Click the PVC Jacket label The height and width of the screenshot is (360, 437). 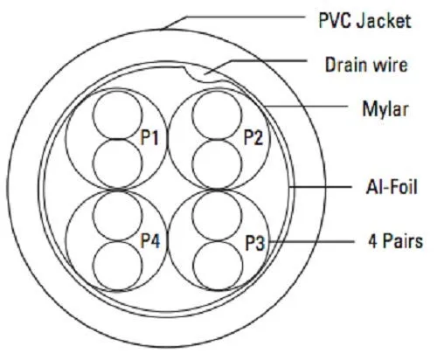[364, 20]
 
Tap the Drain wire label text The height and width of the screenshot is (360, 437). [366, 65]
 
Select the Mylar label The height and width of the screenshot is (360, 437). [385, 109]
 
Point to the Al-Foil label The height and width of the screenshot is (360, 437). [392, 187]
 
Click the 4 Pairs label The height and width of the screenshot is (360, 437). [395, 241]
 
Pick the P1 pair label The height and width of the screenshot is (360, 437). [149, 137]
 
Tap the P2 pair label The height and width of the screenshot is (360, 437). [253, 137]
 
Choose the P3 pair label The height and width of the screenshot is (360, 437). [255, 243]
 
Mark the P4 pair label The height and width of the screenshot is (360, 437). [150, 240]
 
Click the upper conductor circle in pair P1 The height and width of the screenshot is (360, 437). [118, 114]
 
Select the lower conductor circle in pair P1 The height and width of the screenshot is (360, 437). [118, 163]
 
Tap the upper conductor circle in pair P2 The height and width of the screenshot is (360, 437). [217, 115]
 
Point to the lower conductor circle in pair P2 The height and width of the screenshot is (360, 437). [217, 164]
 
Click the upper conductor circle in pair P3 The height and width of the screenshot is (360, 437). [218, 216]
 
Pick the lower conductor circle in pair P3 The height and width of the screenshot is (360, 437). [218, 266]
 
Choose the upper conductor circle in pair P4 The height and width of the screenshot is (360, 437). [118, 216]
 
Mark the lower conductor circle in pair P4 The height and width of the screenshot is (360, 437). [118, 266]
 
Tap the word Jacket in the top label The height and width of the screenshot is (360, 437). [384, 20]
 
